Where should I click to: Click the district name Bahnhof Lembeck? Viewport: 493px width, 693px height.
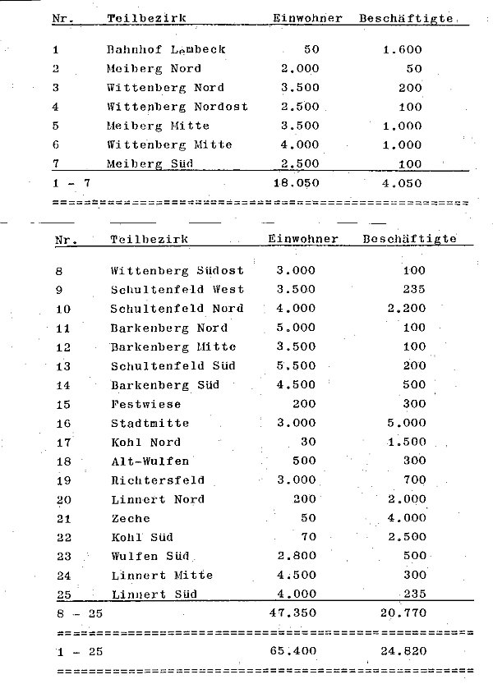(166, 49)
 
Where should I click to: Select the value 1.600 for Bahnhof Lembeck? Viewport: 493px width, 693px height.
(402, 49)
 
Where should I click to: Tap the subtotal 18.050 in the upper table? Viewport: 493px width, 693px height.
(296, 182)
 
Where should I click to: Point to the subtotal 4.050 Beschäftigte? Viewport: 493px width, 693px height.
(402, 182)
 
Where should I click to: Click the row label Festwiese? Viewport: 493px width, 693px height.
(145, 404)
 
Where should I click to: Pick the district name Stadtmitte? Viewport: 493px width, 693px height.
(150, 423)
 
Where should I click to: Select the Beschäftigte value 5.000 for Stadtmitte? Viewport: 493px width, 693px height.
(407, 423)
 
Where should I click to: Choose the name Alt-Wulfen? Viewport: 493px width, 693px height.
(150, 461)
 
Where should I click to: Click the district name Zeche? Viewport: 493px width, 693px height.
(131, 518)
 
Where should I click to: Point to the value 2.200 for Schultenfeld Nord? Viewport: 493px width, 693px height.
(407, 309)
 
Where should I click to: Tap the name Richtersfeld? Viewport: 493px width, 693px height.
(157, 480)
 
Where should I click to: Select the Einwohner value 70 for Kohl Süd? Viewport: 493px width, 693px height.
(308, 537)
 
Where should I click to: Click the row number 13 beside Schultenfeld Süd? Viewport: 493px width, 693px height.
(63, 366)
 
